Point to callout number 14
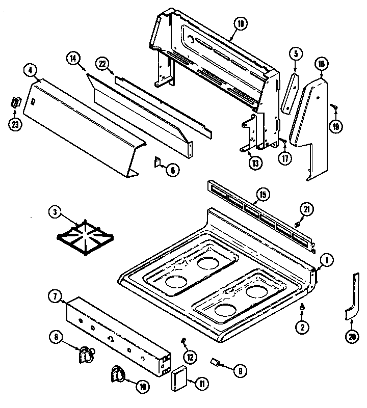pyautogui.click(x=73, y=58)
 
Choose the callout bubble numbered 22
pyautogui.click(x=102, y=64)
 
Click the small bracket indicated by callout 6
pyautogui.click(x=158, y=162)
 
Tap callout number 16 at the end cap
pyautogui.click(x=321, y=64)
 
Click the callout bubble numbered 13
pyautogui.click(x=253, y=163)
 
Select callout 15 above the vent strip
pyautogui.click(x=262, y=195)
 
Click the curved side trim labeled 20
pyautogui.click(x=352, y=298)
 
